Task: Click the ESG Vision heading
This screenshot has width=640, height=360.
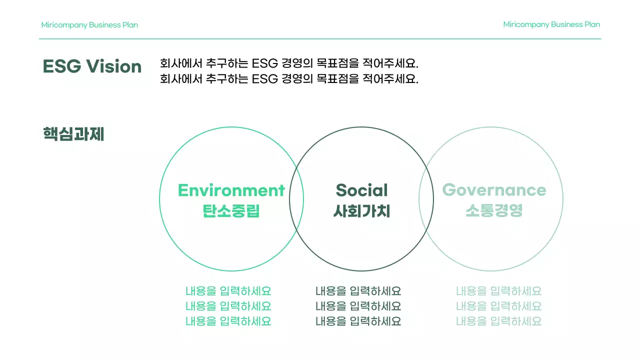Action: pos(92,66)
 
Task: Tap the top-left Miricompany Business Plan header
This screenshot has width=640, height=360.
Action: pos(89,25)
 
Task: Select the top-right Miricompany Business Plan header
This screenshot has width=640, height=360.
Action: pos(551,24)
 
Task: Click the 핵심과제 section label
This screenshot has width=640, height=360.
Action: pos(73,134)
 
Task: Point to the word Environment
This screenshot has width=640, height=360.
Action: pos(231,190)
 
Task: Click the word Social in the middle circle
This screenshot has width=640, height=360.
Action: pos(361,190)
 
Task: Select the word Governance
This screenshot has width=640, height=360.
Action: pos(494,190)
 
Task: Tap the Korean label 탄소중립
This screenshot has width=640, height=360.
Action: pos(231,210)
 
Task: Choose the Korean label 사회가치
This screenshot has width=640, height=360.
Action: pos(361,210)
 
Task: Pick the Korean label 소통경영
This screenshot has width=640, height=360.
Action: pos(494,210)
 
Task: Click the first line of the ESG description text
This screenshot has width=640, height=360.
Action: pos(289,63)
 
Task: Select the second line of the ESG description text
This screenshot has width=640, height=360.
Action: pos(289,78)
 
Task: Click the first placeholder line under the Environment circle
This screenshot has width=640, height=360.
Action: pos(228,291)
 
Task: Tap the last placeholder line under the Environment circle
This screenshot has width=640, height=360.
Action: pos(228,321)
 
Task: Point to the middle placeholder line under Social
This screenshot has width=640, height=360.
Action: pos(358,306)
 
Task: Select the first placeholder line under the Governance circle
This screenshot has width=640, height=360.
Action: pos(498,291)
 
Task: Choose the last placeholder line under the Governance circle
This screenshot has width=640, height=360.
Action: pos(498,321)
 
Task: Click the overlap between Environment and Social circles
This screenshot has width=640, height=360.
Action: pos(296,199)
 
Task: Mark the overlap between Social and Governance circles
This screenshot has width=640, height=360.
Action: pos(426,199)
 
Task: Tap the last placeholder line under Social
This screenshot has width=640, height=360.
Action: pos(358,321)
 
